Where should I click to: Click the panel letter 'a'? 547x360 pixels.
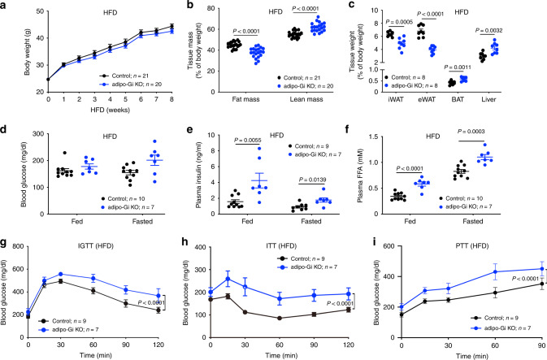tap(6, 7)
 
